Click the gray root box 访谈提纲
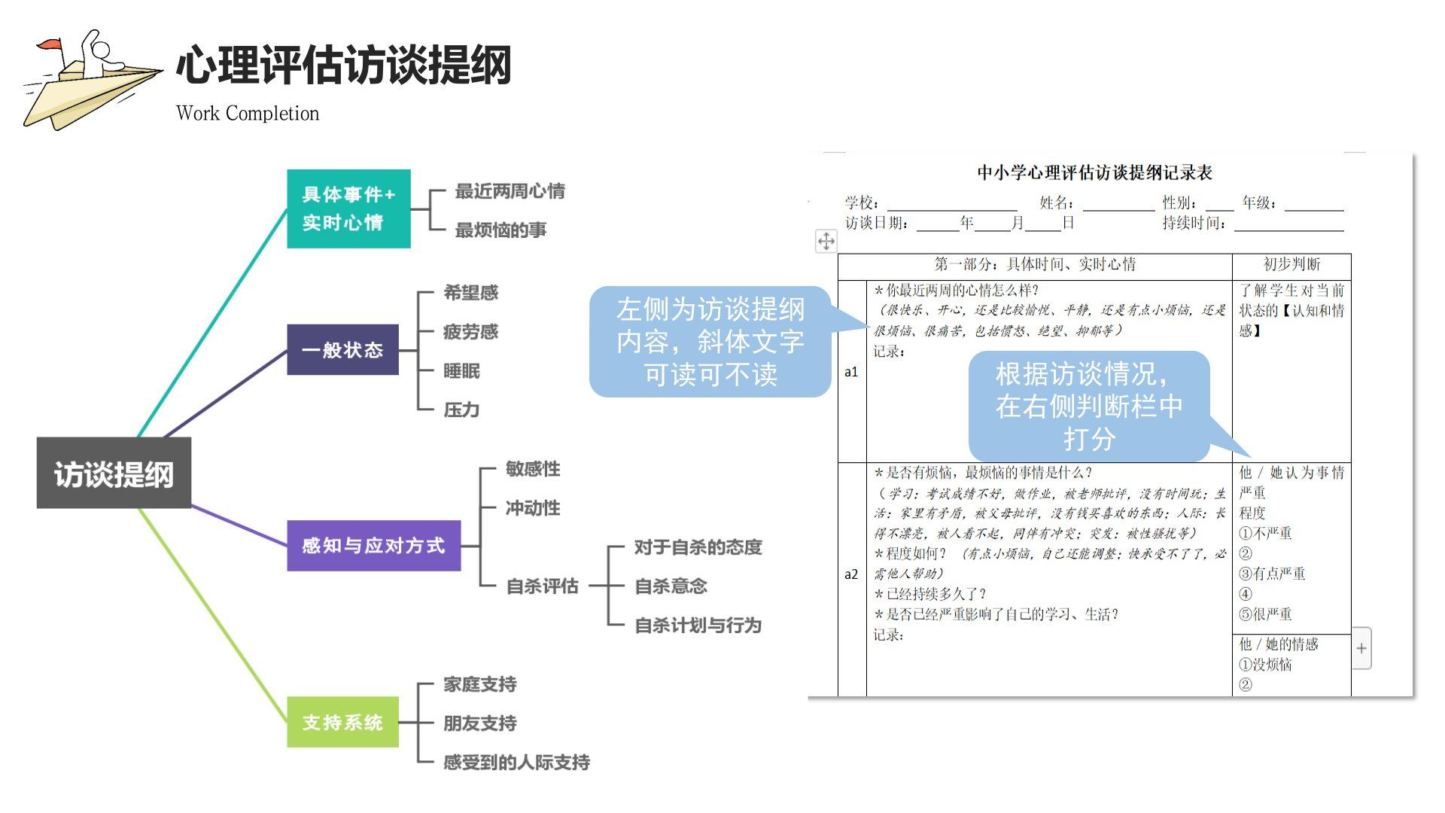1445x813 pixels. click(x=114, y=473)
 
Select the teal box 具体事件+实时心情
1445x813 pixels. click(x=348, y=209)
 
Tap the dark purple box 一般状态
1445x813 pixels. click(x=342, y=350)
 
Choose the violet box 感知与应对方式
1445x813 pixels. click(x=373, y=546)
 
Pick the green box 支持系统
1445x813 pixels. click(x=342, y=723)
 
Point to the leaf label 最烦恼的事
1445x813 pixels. click(x=500, y=230)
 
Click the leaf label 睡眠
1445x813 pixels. click(x=461, y=371)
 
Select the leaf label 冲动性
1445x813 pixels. click(x=533, y=508)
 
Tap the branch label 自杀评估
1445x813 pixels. click(x=542, y=586)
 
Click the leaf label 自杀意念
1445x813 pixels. click(x=671, y=586)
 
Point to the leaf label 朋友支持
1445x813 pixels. click(x=479, y=723)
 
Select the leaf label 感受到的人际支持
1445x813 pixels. click(x=516, y=763)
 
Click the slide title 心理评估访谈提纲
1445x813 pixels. click(x=344, y=65)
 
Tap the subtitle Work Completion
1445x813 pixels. click(x=248, y=114)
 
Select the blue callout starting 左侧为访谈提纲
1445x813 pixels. click(x=710, y=342)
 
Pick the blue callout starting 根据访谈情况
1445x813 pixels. click(x=1088, y=406)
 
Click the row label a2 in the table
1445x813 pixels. click(x=851, y=574)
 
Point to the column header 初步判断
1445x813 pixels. click(x=1291, y=264)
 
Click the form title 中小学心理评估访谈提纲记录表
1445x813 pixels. click(x=1094, y=173)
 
